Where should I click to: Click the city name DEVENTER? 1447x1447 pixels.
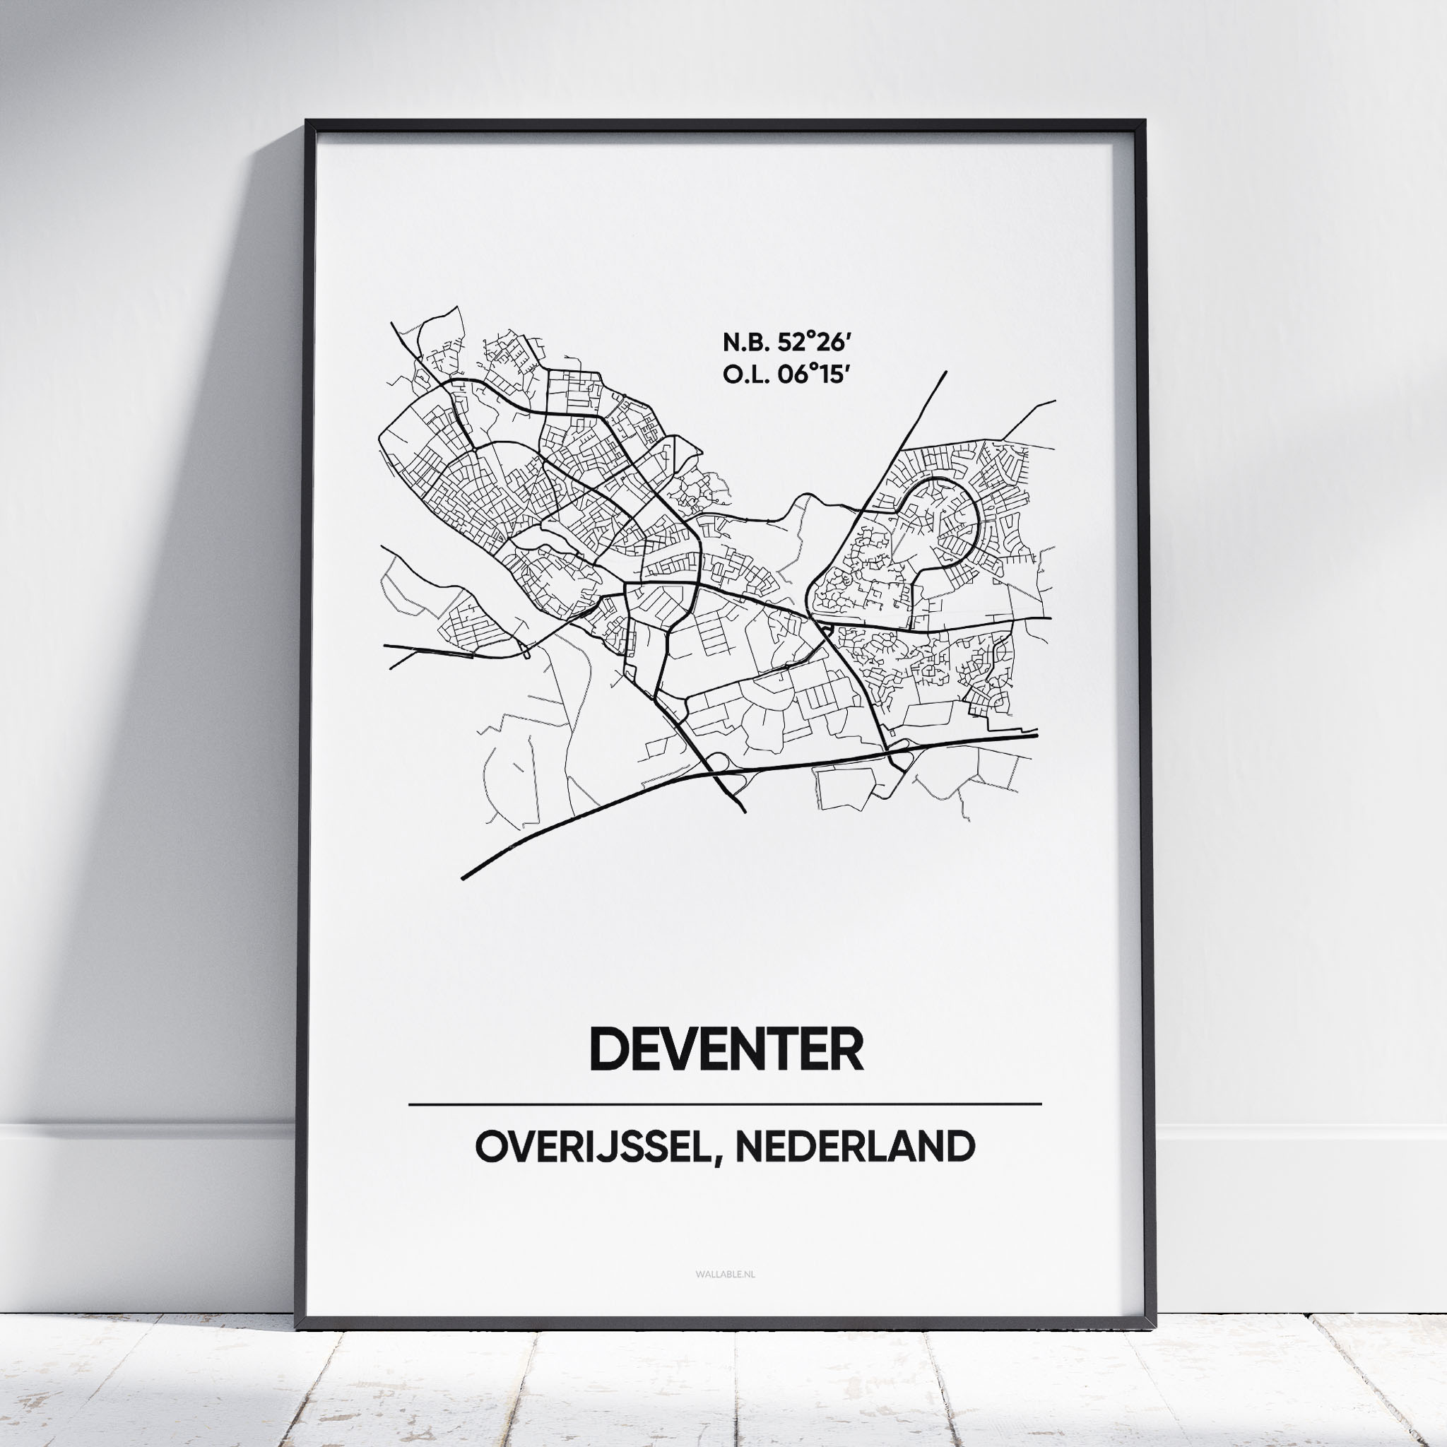726,1049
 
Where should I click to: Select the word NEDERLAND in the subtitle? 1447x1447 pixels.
856,1147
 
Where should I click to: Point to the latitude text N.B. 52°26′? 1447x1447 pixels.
787,343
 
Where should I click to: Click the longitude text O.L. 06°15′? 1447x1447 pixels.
787,375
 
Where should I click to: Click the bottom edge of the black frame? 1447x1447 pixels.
724,1324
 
